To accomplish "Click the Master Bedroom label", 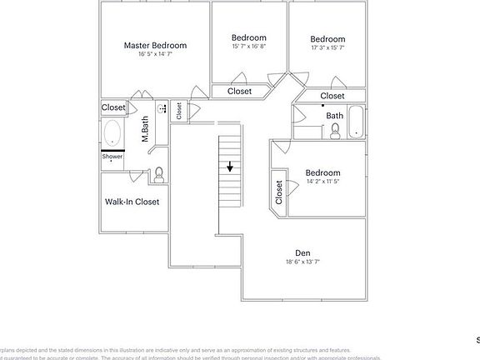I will pyautogui.click(x=155, y=45).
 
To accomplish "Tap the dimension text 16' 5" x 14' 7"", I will pyautogui.click(x=155, y=55).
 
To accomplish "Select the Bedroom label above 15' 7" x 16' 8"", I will pyautogui.click(x=248, y=37).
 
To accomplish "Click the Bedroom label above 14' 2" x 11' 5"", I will pyautogui.click(x=322, y=172).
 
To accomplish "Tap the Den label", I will pyautogui.click(x=302, y=252).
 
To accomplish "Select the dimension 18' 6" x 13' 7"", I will pyautogui.click(x=302, y=262).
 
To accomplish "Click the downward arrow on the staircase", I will pyautogui.click(x=230, y=167).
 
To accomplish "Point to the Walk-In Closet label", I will pyautogui.click(x=132, y=201).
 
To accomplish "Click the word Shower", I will pyautogui.click(x=112, y=156).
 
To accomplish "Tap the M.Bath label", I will pyautogui.click(x=145, y=129).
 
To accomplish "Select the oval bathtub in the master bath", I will pyautogui.click(x=112, y=133).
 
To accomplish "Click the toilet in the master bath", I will pyautogui.click(x=159, y=172).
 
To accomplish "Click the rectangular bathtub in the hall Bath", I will pyautogui.click(x=357, y=122).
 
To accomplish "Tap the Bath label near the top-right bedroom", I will pyautogui.click(x=334, y=116).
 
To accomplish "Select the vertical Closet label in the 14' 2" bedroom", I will pyautogui.click(x=279, y=192).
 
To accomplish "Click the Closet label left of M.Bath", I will pyautogui.click(x=113, y=107).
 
